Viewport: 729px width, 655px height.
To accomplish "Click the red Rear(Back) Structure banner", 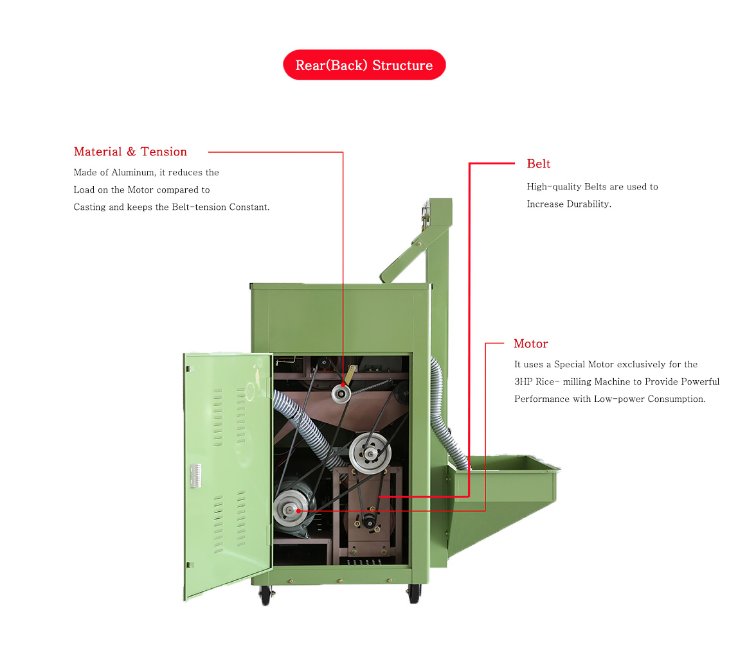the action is coord(364,65).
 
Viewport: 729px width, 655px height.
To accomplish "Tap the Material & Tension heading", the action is coord(130,152).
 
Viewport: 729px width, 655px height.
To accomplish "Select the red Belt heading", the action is coord(538,164).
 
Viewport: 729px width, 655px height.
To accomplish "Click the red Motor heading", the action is coord(530,344).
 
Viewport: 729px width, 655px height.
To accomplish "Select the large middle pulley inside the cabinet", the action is coord(370,453).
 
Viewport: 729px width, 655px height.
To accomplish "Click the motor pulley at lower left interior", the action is coord(291,510).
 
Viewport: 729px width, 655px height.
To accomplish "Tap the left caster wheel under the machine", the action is coord(265,595).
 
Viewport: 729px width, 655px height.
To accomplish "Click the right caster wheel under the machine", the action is coord(414,594).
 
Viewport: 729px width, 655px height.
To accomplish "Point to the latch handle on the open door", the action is coord(195,475).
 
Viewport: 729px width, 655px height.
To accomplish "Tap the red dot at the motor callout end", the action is coord(298,511).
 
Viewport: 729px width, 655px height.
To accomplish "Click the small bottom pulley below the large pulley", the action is coord(370,521).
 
